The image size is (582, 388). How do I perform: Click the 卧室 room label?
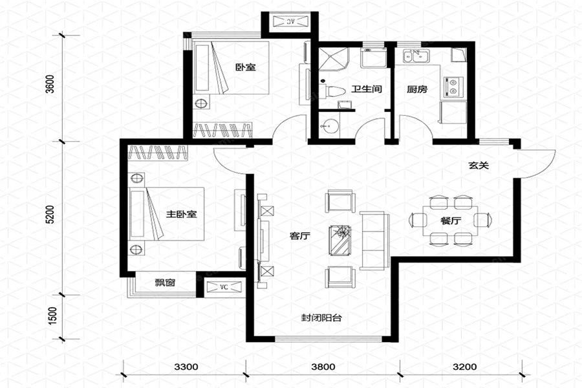pyautogui.click(x=245, y=67)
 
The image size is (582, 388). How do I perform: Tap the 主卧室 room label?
pyautogui.click(x=181, y=214)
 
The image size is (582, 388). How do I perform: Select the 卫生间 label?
pyautogui.click(x=367, y=89)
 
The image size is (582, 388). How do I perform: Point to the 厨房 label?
pyautogui.click(x=417, y=89)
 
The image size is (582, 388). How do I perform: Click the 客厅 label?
pyautogui.click(x=299, y=236)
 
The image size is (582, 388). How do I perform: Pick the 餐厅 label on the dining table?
pyautogui.click(x=451, y=221)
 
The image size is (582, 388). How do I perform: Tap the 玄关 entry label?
pyautogui.click(x=479, y=166)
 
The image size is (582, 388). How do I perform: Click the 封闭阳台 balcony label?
pyautogui.click(x=321, y=318)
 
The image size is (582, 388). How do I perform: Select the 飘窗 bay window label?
pyautogui.click(x=165, y=283)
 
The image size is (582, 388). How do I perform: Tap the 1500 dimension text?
pyautogui.click(x=52, y=316)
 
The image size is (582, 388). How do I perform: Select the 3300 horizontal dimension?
pyautogui.click(x=186, y=367)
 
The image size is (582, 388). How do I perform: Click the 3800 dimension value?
pyautogui.click(x=323, y=367)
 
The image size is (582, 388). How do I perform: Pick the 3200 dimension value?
pyautogui.click(x=464, y=367)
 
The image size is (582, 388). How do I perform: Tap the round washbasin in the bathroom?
pyautogui.click(x=329, y=125)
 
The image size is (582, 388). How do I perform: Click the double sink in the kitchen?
pyautogui.click(x=415, y=56)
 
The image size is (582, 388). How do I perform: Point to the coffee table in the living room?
pyautogui.click(x=339, y=240)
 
